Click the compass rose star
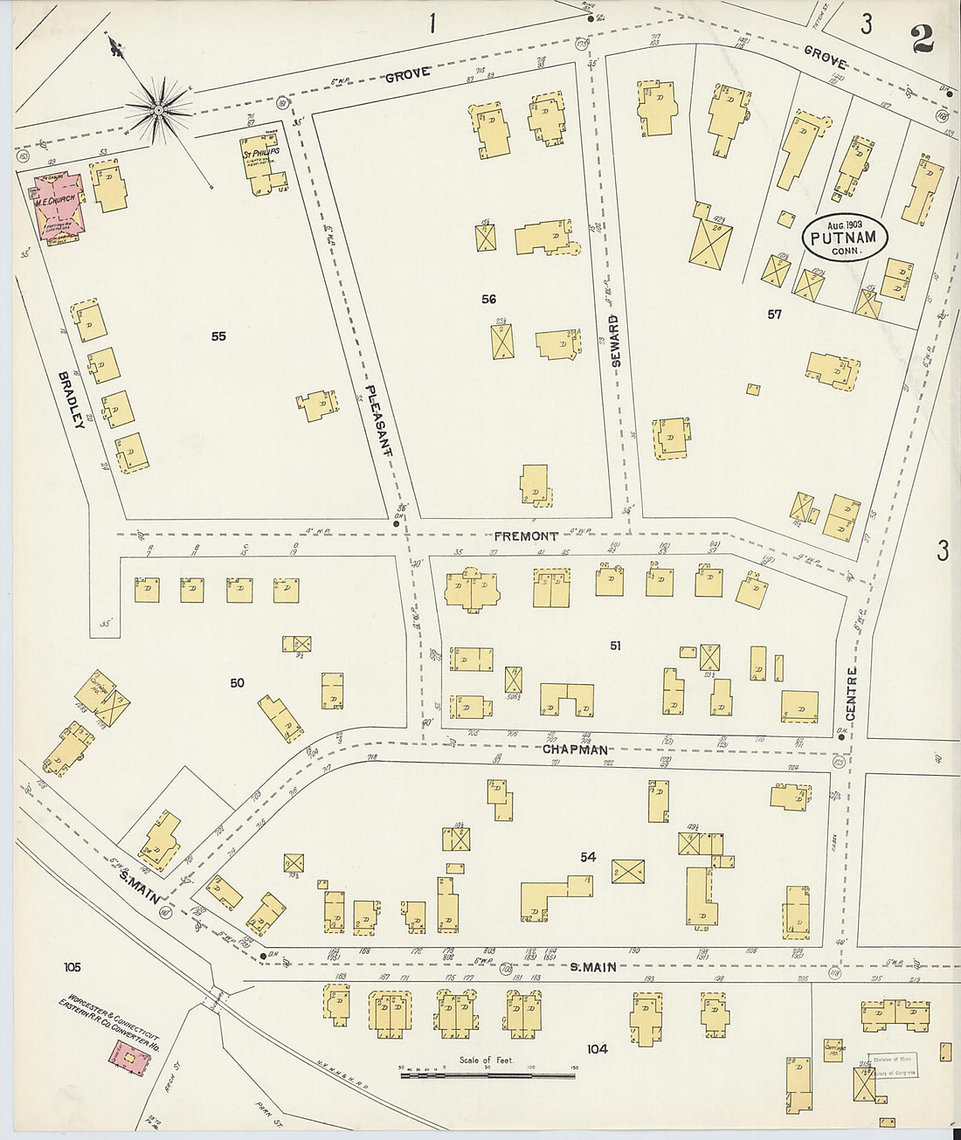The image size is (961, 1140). [x=158, y=110]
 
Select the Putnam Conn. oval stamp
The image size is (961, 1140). [x=844, y=236]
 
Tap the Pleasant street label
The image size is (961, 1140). [x=379, y=419]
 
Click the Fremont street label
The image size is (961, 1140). [x=525, y=535]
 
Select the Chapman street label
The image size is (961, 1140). [x=574, y=750]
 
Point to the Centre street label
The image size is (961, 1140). [x=852, y=694]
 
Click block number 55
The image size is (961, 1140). [x=218, y=335]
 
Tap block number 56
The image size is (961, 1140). [x=488, y=300]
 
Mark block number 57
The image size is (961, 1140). [x=774, y=314]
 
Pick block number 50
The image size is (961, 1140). [x=237, y=683]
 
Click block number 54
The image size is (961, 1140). [x=588, y=858]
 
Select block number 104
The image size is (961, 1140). [x=597, y=1049]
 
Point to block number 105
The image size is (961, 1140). [x=72, y=967]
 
